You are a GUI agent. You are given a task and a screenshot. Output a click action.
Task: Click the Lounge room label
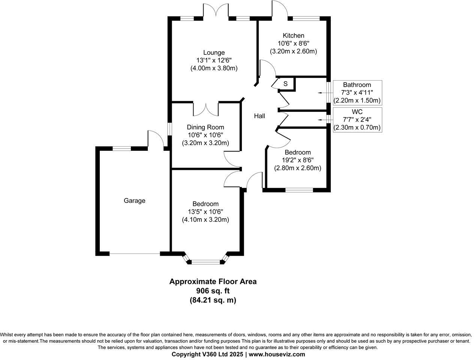214,52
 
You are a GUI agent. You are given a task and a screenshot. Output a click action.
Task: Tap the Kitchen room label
293,36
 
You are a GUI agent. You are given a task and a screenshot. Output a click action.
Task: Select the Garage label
134,201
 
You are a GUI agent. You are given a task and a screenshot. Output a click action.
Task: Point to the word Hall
259,116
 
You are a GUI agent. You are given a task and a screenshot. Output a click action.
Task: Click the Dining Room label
205,127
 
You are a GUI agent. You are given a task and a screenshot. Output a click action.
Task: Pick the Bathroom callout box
357,93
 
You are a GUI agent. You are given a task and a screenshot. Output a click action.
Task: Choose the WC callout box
357,120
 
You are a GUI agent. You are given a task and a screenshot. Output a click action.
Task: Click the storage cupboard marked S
285,84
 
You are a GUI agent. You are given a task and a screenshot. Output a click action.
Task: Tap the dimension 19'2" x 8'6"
297,160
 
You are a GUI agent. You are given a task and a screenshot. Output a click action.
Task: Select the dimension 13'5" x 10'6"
205,211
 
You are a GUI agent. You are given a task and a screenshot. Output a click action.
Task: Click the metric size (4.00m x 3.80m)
214,68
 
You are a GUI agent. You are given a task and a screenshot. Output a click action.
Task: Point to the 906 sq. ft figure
213,291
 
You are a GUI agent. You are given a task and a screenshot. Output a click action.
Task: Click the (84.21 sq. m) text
213,300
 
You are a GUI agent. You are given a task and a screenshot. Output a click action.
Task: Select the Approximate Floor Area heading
213,281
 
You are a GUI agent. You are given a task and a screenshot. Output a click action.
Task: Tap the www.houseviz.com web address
277,354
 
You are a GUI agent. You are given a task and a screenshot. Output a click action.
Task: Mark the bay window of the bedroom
205,262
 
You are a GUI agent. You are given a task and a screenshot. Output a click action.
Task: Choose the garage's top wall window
122,148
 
